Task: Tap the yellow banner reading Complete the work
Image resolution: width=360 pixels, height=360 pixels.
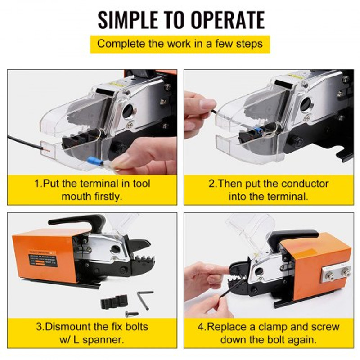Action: pyautogui.click(x=180, y=44)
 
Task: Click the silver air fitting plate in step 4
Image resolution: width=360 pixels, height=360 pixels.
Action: pyautogui.click(x=335, y=272)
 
